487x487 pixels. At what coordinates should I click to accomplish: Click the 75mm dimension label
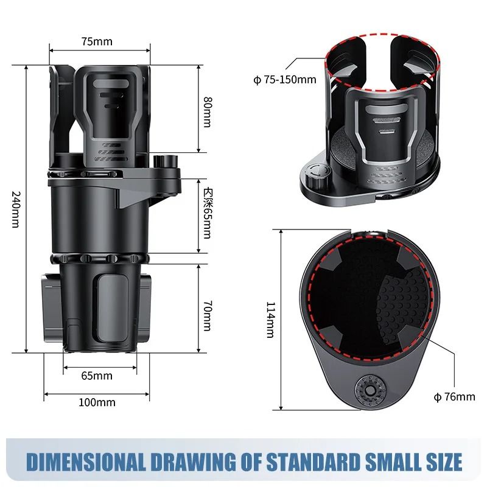97,42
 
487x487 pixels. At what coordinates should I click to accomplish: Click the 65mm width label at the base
97,375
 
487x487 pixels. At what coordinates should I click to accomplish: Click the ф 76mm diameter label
454,397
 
